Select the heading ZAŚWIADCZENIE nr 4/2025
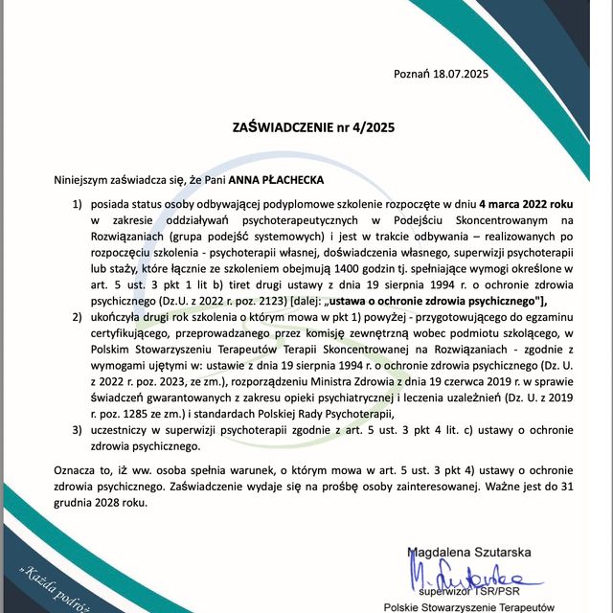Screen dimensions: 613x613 (314, 125)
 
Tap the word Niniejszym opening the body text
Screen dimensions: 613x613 (88, 179)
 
